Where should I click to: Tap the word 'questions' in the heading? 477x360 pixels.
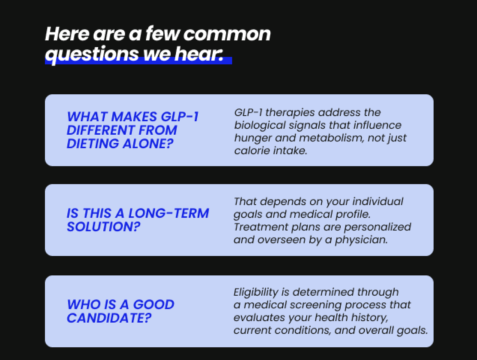[92, 55]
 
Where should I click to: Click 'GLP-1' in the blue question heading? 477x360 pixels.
[179, 117]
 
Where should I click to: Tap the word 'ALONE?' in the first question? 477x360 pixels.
[148, 144]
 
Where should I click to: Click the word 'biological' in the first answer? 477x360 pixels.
[260, 126]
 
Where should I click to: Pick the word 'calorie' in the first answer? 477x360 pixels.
[252, 151]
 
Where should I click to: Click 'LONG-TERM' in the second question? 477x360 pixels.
[168, 213]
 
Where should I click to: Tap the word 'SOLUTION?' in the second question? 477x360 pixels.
[103, 227]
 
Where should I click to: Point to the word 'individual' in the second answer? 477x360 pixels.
[378, 201]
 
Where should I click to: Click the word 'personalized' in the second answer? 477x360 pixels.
[377, 228]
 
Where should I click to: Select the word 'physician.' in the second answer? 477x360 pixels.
[361, 240]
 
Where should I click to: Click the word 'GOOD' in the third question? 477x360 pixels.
[154, 304]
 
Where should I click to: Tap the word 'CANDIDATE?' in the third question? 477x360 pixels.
[109, 318]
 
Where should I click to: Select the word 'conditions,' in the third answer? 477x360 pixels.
[303, 330]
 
